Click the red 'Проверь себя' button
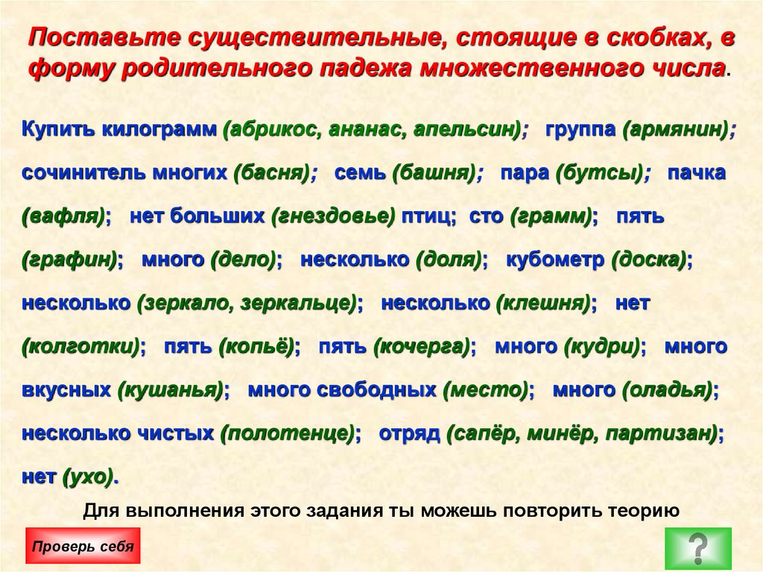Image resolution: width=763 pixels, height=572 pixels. pyautogui.click(x=83, y=546)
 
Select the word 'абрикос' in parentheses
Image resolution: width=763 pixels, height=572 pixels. pyautogui.click(x=271, y=129)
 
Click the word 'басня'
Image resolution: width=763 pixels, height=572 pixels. pyautogui.click(x=271, y=172)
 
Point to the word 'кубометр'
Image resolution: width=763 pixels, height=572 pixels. pyautogui.click(x=554, y=260)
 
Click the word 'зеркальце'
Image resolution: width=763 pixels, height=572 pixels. pyautogui.click(x=304, y=304)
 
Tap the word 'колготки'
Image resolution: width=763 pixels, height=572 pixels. pyautogui.click(x=81, y=347)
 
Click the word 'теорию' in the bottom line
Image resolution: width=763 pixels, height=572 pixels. pyautogui.click(x=642, y=511)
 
